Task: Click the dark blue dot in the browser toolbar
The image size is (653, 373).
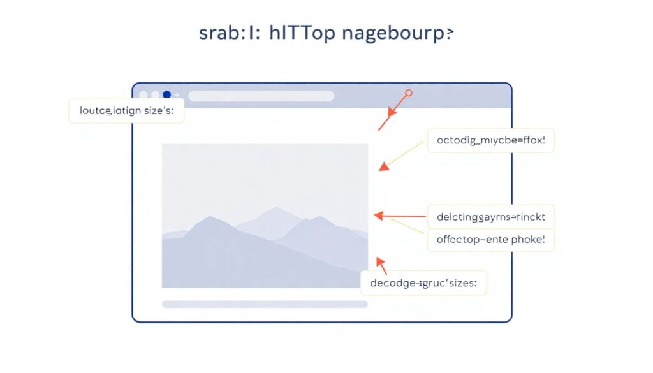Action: (x=167, y=95)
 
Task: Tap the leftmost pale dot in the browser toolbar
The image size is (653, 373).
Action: (x=143, y=95)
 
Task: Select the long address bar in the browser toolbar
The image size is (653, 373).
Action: (x=261, y=96)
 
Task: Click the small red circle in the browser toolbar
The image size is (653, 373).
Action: (x=409, y=93)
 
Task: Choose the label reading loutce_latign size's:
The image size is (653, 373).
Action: (x=126, y=110)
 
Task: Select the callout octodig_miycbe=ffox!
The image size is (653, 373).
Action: (x=490, y=140)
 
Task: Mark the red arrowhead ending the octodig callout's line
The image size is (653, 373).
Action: (x=384, y=167)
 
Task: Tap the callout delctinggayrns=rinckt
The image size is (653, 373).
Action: (x=490, y=216)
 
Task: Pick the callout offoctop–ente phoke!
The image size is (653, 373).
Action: (x=490, y=240)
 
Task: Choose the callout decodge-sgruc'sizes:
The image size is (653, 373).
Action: (x=424, y=282)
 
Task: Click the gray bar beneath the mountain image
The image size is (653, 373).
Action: (x=265, y=304)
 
